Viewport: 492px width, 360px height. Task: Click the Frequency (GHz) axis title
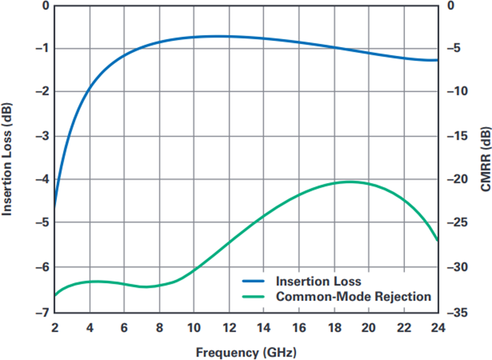tap(246, 352)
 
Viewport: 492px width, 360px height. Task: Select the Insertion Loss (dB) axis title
tap(7, 160)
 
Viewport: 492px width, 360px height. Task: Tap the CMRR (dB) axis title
tap(485, 159)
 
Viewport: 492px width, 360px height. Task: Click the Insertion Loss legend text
tap(319, 281)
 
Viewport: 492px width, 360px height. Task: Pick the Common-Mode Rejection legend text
tap(354, 296)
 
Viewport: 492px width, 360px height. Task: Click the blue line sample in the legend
tap(253, 281)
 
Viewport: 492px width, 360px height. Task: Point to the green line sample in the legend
tap(253, 297)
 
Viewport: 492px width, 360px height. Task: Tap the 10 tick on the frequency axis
tap(194, 328)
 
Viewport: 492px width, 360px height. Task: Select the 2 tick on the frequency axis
tap(55, 328)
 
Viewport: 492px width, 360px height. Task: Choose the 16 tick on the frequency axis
tap(299, 328)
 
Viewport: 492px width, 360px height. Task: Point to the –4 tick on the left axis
tap(42, 179)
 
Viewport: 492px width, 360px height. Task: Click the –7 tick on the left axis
tap(42, 312)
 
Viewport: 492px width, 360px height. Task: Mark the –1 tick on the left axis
tap(42, 48)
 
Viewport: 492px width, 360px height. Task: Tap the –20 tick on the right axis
tap(457, 179)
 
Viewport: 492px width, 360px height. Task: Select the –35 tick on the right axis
tap(457, 312)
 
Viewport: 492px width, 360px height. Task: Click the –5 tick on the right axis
tap(453, 48)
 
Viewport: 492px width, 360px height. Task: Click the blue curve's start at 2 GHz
tap(55, 207)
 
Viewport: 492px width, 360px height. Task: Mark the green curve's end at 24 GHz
tap(438, 240)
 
